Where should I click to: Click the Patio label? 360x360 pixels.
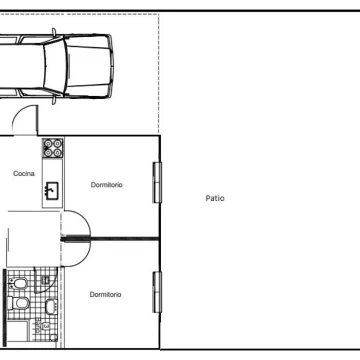(215, 198)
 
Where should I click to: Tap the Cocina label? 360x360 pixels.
(24, 173)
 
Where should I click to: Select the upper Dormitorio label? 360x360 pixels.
(107, 185)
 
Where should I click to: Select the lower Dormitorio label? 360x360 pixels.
(105, 295)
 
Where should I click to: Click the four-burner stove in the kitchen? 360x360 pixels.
(53, 148)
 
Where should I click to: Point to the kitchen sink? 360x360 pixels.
(52, 190)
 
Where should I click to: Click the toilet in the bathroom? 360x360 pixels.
(18, 303)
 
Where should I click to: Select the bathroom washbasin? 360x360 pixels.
(51, 306)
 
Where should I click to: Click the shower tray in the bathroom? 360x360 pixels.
(18, 331)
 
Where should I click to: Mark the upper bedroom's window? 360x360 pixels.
(157, 182)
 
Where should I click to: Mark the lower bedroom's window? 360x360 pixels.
(157, 292)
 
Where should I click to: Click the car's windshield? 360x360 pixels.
(54, 66)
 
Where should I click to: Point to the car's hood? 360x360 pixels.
(88, 66)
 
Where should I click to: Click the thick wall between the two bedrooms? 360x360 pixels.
(111, 239)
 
